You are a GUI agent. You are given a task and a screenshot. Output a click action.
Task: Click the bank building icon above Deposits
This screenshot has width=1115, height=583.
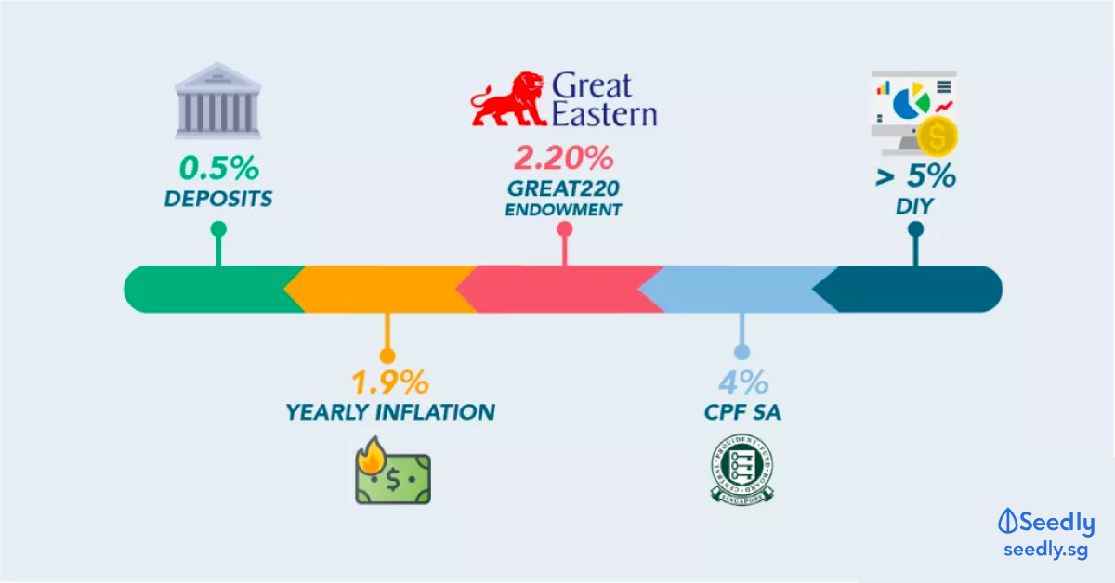(217, 100)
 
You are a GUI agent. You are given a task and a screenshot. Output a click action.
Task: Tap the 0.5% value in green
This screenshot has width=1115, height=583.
(218, 169)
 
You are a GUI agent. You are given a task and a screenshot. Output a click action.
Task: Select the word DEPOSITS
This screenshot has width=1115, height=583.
(218, 200)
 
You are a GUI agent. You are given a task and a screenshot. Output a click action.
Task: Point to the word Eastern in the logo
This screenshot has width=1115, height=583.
(605, 114)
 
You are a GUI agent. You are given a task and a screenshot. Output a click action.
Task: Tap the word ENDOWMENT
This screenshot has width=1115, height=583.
(563, 210)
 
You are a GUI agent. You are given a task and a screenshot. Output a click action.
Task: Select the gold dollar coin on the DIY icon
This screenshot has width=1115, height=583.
(938, 138)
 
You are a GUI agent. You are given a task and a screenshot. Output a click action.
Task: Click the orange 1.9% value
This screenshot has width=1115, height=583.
(389, 382)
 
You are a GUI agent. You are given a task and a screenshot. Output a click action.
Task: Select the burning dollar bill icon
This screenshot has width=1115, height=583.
(391, 475)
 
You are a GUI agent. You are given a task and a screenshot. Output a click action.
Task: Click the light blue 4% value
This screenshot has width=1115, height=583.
(741, 382)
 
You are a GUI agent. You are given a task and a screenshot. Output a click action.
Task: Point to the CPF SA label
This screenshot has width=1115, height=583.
(741, 411)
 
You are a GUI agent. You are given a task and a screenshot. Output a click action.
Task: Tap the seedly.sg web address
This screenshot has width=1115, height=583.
(1044, 551)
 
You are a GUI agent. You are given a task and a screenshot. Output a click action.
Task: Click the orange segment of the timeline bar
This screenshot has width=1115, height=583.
(381, 289)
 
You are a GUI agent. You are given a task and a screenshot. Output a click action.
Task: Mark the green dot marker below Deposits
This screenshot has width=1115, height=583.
(218, 228)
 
